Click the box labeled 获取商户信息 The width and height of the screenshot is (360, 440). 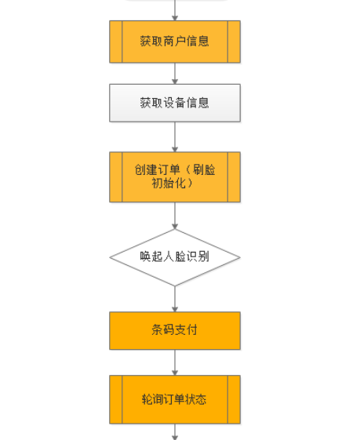click(x=174, y=42)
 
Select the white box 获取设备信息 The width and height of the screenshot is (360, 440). click(x=174, y=103)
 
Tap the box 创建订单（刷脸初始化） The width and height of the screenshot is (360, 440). click(x=174, y=176)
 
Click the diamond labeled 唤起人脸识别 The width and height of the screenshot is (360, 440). click(x=174, y=256)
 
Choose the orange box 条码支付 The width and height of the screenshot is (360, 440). click(x=174, y=330)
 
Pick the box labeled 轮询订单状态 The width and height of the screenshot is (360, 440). click(x=174, y=399)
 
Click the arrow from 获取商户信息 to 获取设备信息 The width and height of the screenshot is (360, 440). click(x=174, y=73)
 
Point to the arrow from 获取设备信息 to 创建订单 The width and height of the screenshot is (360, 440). click(x=174, y=136)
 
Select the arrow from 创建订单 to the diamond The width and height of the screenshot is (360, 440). click(x=174, y=215)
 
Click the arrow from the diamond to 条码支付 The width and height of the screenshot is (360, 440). click(x=174, y=298)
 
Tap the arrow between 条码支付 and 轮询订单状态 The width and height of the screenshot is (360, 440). click(x=174, y=362)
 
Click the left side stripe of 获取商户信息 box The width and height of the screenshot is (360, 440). click(x=116, y=42)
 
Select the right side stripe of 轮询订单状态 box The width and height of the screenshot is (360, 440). click(x=234, y=399)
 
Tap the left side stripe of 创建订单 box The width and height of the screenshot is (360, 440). click(x=116, y=176)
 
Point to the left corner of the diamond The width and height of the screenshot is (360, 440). click(x=111, y=257)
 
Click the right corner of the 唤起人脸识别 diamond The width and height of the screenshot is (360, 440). click(x=238, y=257)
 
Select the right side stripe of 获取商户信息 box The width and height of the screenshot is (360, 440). click(x=234, y=42)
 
